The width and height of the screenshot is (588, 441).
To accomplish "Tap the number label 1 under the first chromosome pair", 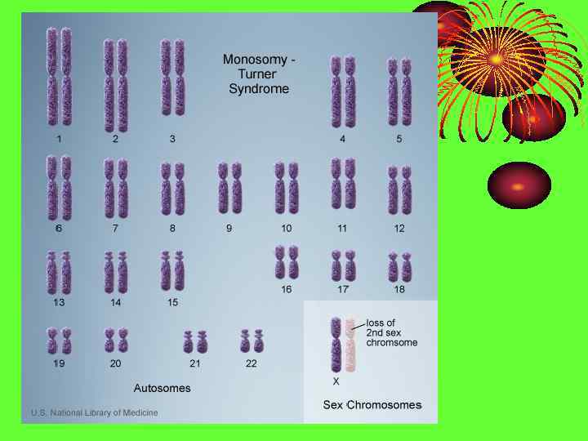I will coord(59,139).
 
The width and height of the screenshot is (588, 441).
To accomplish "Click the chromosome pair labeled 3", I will coord(172,78).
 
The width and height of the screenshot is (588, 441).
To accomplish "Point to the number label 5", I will coord(399,139).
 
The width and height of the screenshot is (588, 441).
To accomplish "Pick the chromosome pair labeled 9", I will coord(229,187).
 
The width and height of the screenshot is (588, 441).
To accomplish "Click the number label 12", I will coord(399,229).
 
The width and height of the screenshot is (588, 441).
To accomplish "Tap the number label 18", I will coord(399,289).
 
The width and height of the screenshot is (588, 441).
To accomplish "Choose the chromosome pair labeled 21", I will coord(195,341).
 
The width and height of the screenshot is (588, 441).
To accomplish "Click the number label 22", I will coord(252,363).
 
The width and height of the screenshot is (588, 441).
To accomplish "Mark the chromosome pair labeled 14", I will coord(116,272).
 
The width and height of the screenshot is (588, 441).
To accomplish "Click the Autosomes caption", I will coord(163,388).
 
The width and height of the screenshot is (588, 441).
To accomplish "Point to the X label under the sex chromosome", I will coord(336,381).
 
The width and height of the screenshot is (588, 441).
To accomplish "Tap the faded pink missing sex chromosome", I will coord(350,344).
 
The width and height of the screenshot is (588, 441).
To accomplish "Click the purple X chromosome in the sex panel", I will coord(336,344).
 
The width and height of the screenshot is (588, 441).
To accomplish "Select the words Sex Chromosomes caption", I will coord(372,405).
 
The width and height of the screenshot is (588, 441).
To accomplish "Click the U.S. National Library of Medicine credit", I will coord(95,413).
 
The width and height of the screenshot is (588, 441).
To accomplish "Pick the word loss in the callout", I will coord(381,323).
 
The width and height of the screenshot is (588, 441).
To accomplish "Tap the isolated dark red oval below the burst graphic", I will coord(519,185).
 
